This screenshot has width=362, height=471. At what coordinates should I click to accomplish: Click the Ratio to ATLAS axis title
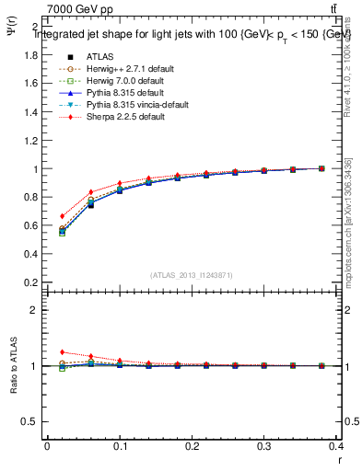[x=14, y=366]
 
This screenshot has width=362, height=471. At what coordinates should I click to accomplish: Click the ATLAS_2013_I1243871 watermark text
[x=192, y=275]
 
